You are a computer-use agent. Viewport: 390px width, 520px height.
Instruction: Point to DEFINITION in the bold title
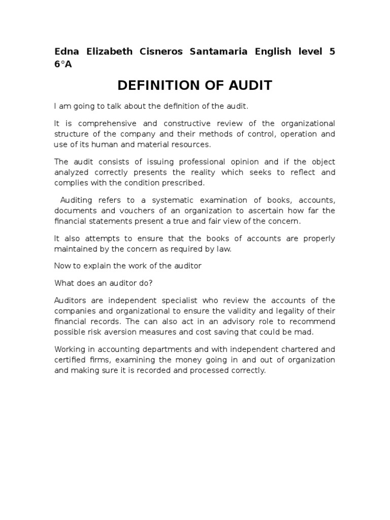(161, 85)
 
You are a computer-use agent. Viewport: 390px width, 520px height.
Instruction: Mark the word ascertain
(258, 210)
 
